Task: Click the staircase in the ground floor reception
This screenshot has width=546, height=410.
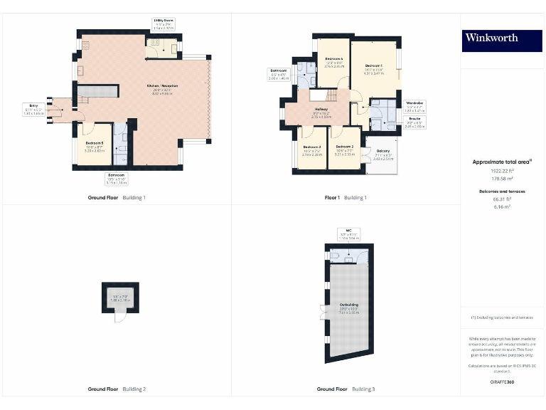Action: (97, 91)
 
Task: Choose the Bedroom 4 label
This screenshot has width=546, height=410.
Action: (334, 61)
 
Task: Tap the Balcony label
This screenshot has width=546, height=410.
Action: (382, 154)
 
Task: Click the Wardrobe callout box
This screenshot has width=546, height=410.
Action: (414, 107)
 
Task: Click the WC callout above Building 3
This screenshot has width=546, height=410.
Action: (348, 234)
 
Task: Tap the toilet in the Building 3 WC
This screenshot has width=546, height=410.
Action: (335, 255)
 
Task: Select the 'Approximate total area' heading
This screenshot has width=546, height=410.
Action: (502, 162)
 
